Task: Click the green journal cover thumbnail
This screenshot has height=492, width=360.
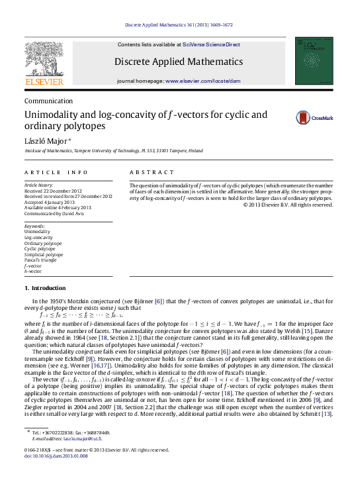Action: (x=314, y=60)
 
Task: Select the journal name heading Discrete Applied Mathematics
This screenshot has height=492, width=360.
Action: (x=179, y=62)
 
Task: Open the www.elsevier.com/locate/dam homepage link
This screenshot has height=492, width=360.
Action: (x=212, y=80)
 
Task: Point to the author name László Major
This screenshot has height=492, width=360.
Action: (x=45, y=142)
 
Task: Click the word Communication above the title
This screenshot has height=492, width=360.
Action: (x=48, y=101)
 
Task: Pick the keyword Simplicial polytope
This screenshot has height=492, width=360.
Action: (x=44, y=254)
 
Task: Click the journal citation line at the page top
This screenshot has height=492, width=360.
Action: (x=179, y=26)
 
